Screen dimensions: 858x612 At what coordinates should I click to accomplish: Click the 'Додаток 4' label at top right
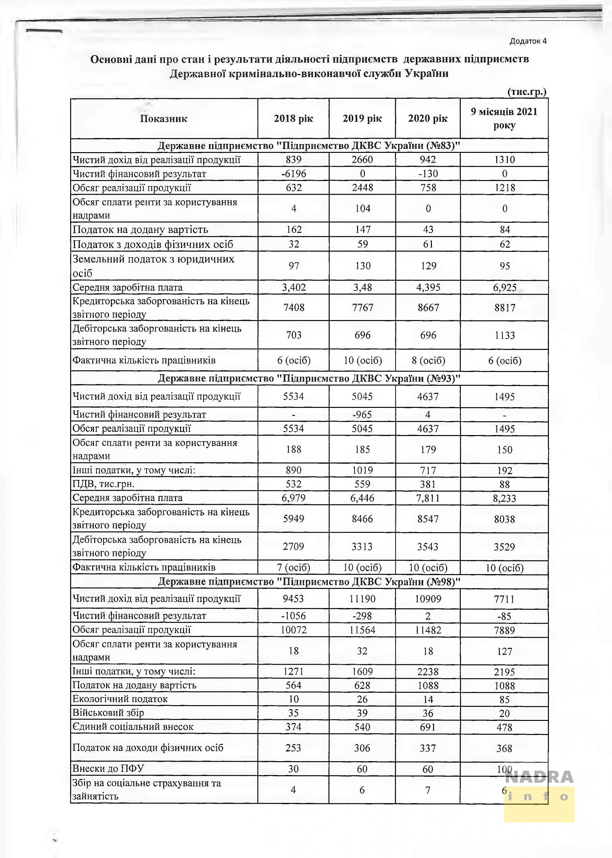coord(527,41)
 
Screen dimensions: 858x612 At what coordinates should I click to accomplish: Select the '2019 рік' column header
coord(362,119)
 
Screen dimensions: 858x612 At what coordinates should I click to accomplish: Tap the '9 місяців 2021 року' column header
coord(504,118)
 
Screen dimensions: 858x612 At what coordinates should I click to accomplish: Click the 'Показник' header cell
coord(164,119)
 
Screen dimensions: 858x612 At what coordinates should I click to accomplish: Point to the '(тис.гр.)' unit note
coord(526,91)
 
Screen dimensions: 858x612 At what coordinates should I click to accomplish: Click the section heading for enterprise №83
coord(309,146)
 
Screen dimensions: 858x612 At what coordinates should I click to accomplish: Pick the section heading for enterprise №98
coord(309,581)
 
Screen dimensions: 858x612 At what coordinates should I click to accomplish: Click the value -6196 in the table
coord(293,174)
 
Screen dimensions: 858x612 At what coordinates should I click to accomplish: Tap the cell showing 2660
coord(362,160)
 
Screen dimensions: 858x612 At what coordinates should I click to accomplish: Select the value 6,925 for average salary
coord(504,287)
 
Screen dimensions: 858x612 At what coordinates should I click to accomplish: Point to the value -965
coord(362,414)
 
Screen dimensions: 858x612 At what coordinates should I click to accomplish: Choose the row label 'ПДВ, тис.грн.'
coord(104,484)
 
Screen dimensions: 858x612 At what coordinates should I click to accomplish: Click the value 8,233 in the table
coord(504,498)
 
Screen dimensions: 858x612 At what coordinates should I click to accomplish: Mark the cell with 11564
coord(362,630)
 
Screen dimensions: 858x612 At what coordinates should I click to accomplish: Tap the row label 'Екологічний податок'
coord(120,699)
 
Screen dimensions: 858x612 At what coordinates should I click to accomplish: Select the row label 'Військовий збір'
coord(108,713)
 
